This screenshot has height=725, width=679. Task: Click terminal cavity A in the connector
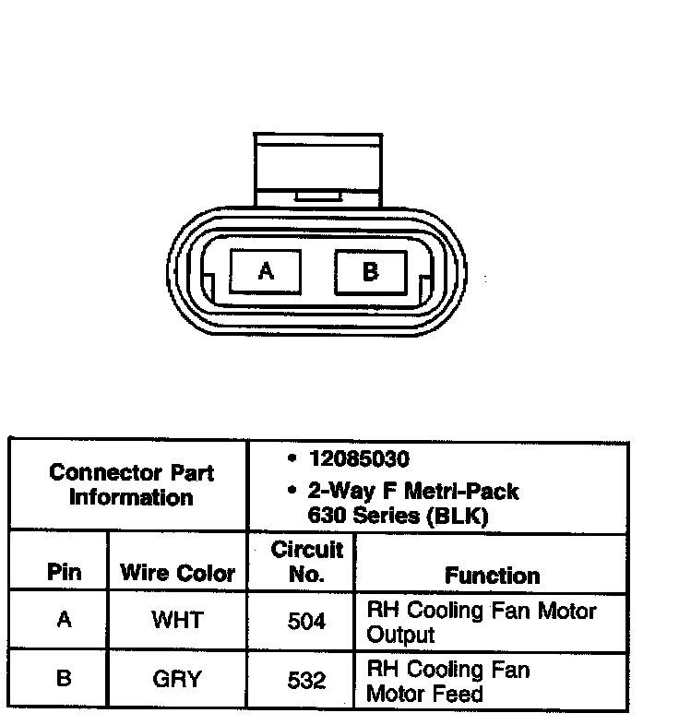click(x=266, y=271)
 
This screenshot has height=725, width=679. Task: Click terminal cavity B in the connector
click(x=370, y=271)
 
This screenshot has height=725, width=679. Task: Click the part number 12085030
click(x=360, y=458)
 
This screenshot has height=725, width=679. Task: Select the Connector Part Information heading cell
click(x=131, y=485)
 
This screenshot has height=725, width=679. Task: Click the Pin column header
click(x=64, y=573)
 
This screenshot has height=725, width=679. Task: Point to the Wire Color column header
click(x=177, y=573)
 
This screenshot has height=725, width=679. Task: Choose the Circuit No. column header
click(x=306, y=562)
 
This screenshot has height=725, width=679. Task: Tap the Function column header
click(x=492, y=576)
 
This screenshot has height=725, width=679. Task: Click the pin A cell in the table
click(x=64, y=620)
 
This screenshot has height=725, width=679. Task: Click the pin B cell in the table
click(x=64, y=679)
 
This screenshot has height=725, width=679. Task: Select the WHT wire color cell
click(x=177, y=620)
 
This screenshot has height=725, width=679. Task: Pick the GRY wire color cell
click(x=177, y=680)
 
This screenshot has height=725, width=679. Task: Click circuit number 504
click(x=306, y=621)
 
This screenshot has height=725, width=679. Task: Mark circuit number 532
click(x=306, y=681)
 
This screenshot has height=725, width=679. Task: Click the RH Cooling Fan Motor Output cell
click(x=481, y=623)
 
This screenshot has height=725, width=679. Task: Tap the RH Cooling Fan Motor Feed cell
click(x=448, y=681)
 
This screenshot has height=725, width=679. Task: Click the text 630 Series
click(x=363, y=517)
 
